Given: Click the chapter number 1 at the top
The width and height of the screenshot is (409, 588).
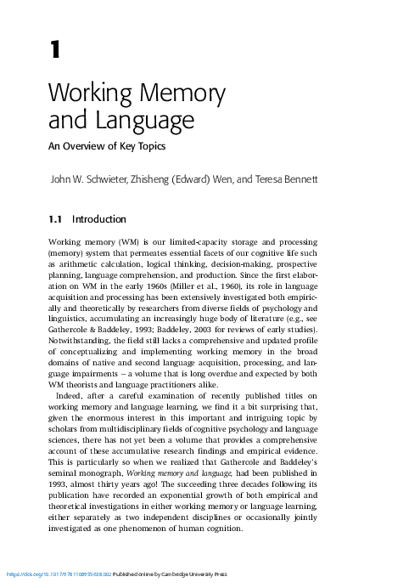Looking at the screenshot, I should (55, 50).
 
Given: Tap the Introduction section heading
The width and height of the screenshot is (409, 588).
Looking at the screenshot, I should (99, 219).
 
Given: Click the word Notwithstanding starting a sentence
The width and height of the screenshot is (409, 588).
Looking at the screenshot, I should (79, 340).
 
